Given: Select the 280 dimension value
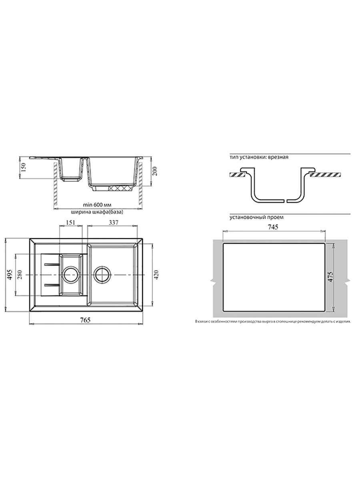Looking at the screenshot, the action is (x=20, y=274).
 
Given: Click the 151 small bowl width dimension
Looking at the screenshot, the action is (x=70, y=222).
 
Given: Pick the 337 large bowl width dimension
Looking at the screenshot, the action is (x=114, y=222).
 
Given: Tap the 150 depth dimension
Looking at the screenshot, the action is (x=24, y=167).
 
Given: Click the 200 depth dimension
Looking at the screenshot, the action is (x=155, y=171).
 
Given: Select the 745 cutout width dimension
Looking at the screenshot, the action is (x=273, y=227).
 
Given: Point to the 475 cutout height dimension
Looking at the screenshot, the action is (x=330, y=277).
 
